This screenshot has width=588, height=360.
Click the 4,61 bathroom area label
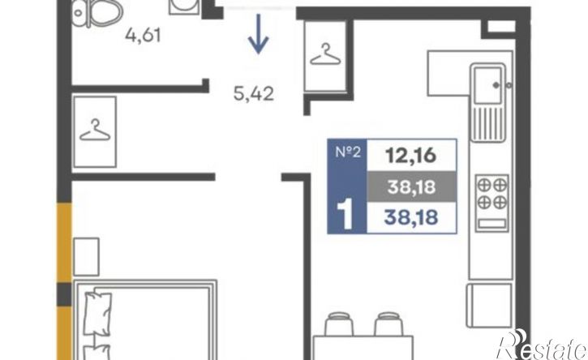click(x=143, y=36)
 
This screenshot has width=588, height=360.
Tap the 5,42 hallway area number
click(x=254, y=93)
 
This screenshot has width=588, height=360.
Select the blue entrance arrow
click(x=258, y=34)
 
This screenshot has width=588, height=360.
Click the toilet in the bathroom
click(x=97, y=12)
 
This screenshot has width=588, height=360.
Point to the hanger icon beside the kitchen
click(x=325, y=55)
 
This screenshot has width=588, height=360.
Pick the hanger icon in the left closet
click(x=95, y=130)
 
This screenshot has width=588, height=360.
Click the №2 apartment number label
click(x=348, y=152)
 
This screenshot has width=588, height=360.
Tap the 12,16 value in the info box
click(x=411, y=155)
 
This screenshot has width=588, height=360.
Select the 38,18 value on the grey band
click(x=411, y=186)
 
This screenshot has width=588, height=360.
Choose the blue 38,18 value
click(x=411, y=217)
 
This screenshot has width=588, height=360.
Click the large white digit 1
click(x=345, y=214)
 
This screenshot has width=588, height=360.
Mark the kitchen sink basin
click(x=487, y=85)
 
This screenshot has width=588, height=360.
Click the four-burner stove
click(x=492, y=203)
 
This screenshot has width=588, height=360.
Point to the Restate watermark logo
click(x=542, y=345)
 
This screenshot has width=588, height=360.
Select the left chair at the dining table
click(x=339, y=324)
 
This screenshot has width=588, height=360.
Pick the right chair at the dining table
click(x=388, y=324)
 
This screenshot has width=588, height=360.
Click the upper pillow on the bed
click(x=97, y=313)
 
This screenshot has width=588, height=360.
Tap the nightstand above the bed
click(x=86, y=257)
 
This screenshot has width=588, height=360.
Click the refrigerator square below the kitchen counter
click(x=489, y=305)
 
